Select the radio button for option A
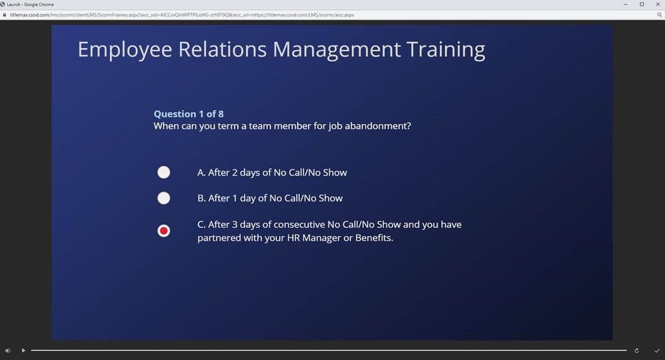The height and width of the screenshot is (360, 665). pyautogui.click(x=164, y=173)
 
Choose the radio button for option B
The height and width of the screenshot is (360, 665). pyautogui.click(x=164, y=198)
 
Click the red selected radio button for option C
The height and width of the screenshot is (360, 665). pyautogui.click(x=164, y=231)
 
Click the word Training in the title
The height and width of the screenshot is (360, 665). pyautogui.click(x=446, y=50)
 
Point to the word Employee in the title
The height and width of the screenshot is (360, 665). pyautogui.click(x=125, y=51)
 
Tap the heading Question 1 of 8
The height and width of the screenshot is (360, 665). pyautogui.click(x=189, y=114)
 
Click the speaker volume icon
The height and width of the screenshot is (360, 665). pyautogui.click(x=7, y=351)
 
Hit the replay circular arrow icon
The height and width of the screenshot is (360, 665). pyautogui.click(x=636, y=351)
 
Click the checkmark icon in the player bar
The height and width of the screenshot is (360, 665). pyautogui.click(x=657, y=351)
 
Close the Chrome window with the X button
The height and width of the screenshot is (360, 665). pyautogui.click(x=658, y=4)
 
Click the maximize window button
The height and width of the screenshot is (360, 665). pyautogui.click(x=642, y=4)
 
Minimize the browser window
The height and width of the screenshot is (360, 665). pyautogui.click(x=626, y=4)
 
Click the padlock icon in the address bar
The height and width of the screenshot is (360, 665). pyautogui.click(x=4, y=15)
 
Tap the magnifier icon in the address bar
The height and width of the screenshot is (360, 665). pyautogui.click(x=660, y=15)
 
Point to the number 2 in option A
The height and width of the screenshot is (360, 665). pyautogui.click(x=235, y=173)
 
